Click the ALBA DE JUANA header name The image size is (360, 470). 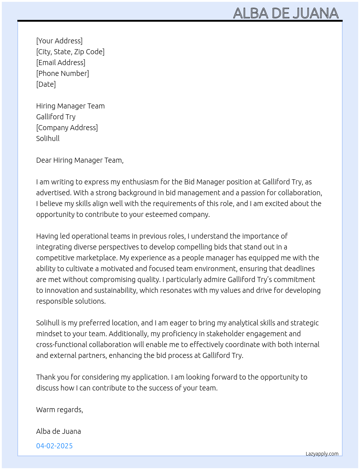[x=286, y=13]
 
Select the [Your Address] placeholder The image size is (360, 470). [x=59, y=41]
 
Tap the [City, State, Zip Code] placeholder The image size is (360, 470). [x=70, y=52]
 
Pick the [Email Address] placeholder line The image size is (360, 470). [x=61, y=63]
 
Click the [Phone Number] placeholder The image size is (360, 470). [x=63, y=73]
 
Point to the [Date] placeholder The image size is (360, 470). [x=46, y=84]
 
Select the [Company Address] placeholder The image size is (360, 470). [x=67, y=128]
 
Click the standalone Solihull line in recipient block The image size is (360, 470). [x=48, y=138]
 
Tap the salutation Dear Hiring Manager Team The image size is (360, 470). [x=80, y=160]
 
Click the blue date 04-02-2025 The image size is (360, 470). [x=54, y=446]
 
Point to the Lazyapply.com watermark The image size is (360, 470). [x=322, y=454]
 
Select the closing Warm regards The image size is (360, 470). [x=59, y=410]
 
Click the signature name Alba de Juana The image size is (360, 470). [x=58, y=431]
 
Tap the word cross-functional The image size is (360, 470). [x=61, y=345]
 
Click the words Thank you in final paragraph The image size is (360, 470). [x=52, y=377]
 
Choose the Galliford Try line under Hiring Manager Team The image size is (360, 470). [x=56, y=117]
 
